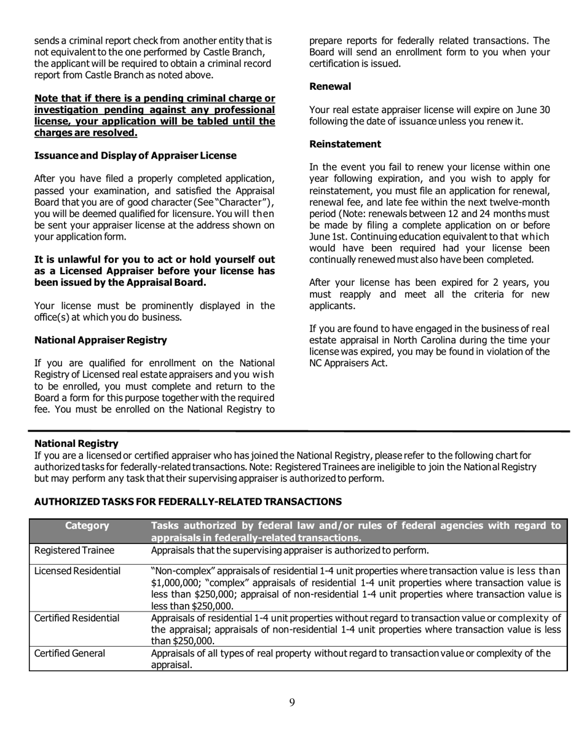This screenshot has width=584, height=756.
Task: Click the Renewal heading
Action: (x=330, y=87)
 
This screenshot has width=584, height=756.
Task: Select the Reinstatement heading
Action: (x=345, y=144)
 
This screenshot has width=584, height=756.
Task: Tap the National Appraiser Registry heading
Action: (x=100, y=340)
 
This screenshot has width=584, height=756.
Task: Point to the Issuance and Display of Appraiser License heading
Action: (x=135, y=156)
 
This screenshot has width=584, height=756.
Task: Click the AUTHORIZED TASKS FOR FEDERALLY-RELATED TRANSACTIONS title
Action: (x=188, y=502)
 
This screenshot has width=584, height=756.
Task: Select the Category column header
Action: (x=87, y=526)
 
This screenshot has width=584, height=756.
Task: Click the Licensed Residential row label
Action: (x=77, y=572)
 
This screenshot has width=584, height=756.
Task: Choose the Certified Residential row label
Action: (x=77, y=618)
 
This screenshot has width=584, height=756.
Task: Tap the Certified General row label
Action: (x=69, y=653)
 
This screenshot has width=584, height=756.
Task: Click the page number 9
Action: (x=291, y=703)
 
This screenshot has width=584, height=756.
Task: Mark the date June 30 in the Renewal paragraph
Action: (x=535, y=110)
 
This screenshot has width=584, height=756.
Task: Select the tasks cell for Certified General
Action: (x=351, y=659)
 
